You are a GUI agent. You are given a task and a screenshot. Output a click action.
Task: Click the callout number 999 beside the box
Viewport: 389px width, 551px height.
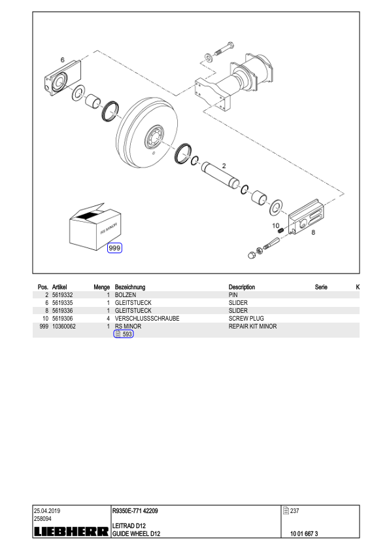(x=114, y=248)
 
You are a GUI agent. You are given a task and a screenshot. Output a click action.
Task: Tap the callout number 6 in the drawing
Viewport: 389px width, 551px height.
(x=63, y=60)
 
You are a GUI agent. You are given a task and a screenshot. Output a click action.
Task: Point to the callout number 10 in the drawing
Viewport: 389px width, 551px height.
(x=276, y=226)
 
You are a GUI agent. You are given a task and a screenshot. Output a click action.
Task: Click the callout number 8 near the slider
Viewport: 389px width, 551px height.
(x=313, y=232)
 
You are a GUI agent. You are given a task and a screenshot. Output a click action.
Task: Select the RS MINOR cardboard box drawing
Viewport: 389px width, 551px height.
(x=95, y=226)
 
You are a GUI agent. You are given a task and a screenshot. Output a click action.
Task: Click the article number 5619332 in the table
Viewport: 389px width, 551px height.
(x=63, y=295)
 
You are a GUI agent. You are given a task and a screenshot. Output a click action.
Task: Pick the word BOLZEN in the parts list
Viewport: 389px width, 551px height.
(x=126, y=295)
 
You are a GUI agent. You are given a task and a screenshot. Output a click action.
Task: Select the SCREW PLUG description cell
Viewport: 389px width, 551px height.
(x=246, y=319)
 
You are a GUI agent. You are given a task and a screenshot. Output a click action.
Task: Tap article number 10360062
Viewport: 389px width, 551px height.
(x=64, y=326)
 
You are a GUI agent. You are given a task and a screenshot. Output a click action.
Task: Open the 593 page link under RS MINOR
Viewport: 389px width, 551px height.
(x=124, y=334)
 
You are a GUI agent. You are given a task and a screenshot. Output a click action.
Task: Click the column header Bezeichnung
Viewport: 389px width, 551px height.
(x=130, y=287)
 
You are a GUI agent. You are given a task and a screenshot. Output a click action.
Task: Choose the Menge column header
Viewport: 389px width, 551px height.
(x=102, y=287)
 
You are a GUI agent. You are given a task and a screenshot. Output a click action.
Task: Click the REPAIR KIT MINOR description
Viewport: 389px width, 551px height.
(x=253, y=326)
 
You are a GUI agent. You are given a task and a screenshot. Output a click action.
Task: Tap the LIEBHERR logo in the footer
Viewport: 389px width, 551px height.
(x=71, y=531)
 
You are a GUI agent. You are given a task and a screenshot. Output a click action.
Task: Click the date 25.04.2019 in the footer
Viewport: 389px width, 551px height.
(x=47, y=511)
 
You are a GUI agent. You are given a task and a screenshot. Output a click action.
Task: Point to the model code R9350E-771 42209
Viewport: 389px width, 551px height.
(x=135, y=511)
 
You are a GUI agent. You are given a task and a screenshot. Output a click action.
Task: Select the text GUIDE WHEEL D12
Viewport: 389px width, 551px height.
(x=136, y=534)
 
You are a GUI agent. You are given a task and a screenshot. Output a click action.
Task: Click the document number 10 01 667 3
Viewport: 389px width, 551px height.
(x=304, y=534)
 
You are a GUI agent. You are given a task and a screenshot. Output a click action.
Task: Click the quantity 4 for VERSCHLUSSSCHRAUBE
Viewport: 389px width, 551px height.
(x=108, y=319)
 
